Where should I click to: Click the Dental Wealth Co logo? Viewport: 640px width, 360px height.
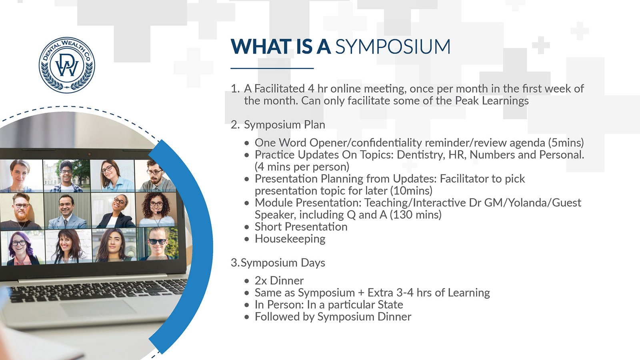67,65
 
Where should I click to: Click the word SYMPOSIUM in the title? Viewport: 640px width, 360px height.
393,46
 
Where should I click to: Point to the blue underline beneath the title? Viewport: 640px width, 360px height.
272,68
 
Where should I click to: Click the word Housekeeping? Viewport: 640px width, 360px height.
290,239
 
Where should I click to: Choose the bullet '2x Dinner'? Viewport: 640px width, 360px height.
279,280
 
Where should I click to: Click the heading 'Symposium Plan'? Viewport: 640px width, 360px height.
284,125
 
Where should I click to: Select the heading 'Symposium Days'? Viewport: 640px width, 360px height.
283,263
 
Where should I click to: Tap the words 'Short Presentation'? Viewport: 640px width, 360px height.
301,227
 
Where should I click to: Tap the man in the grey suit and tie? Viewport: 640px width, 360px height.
67,212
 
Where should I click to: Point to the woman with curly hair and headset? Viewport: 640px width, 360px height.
156,210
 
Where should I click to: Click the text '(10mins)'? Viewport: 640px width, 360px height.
411,190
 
